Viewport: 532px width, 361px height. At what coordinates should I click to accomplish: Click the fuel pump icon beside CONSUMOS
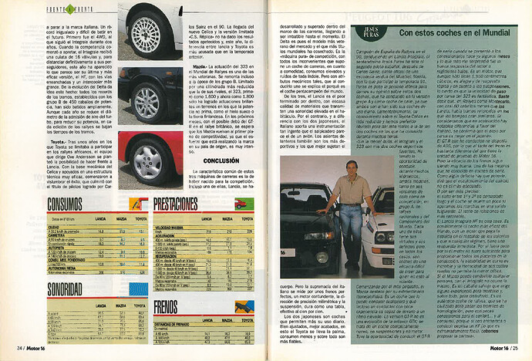pos(136,203)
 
